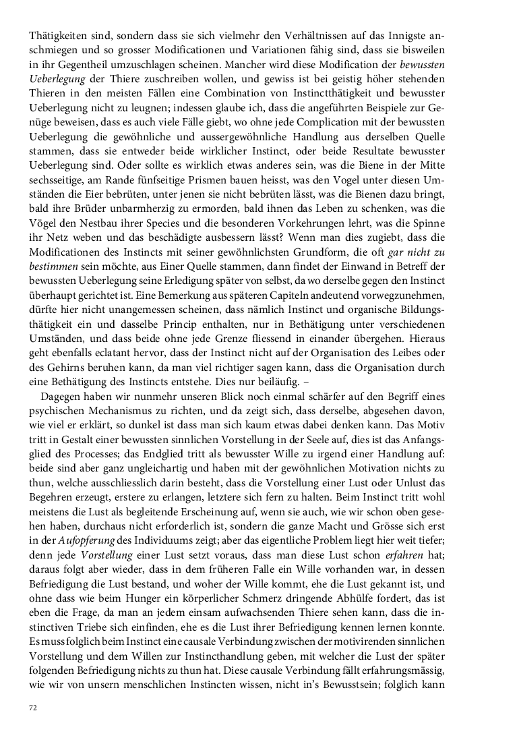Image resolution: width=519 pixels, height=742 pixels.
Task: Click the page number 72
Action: (x=32, y=706)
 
